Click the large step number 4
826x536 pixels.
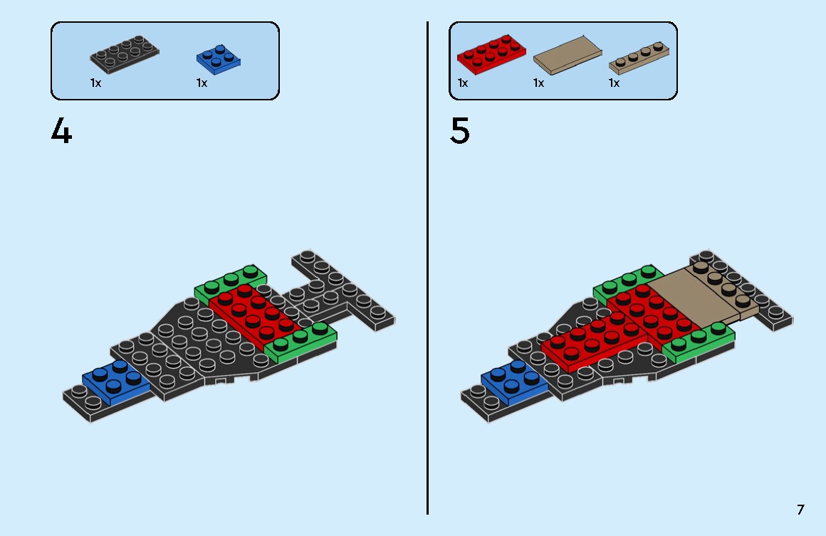pos(61,132)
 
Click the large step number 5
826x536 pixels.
pos(460,132)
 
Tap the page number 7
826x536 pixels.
pos(800,510)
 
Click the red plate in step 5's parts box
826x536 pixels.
pos(491,53)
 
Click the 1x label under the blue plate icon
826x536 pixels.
pos(202,83)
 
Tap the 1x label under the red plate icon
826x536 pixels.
pos(463,83)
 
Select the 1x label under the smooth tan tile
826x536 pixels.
pos(538,83)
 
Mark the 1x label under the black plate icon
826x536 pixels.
pos(95,83)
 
